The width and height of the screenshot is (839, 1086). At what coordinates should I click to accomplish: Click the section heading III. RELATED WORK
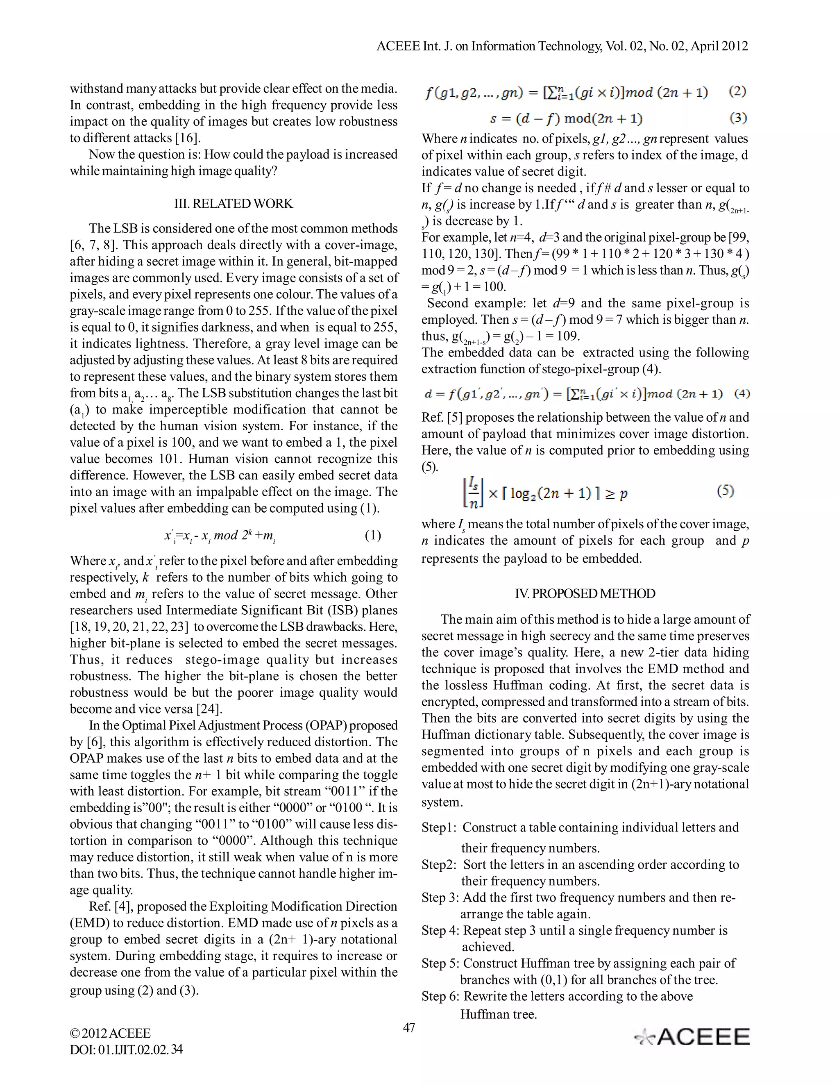pyautogui.click(x=234, y=203)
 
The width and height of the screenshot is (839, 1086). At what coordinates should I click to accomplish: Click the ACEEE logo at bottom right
pyautogui.click(x=692, y=1037)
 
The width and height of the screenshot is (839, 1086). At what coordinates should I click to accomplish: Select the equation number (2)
pyautogui.click(x=737, y=91)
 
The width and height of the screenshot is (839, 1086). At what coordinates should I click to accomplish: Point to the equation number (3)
pyautogui.click(x=737, y=118)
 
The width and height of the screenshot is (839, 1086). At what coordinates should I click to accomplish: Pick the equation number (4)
pyautogui.click(x=741, y=394)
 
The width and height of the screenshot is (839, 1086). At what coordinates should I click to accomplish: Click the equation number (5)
pyautogui.click(x=725, y=491)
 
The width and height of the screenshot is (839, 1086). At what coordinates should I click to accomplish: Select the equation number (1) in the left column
pyautogui.click(x=373, y=535)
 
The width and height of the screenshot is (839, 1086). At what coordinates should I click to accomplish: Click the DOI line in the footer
pyautogui.click(x=126, y=1049)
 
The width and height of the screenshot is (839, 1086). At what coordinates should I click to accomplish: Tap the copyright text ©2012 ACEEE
pyautogui.click(x=110, y=1033)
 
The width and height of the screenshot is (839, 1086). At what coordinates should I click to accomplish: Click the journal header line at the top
pyautogui.click(x=562, y=46)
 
